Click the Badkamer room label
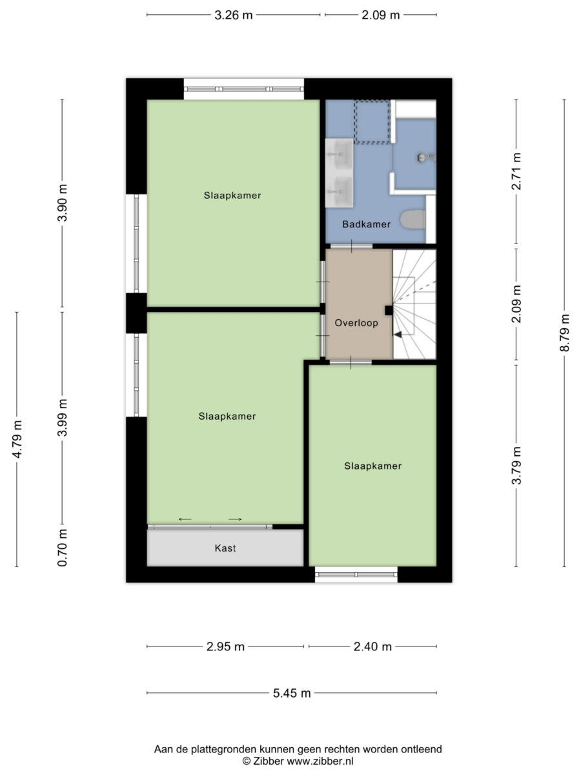(366, 224)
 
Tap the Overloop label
(356, 323)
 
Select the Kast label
(225, 548)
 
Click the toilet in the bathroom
(413, 219)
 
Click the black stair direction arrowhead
(398, 334)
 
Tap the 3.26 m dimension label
(234, 15)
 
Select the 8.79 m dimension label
(564, 333)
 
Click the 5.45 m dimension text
(292, 693)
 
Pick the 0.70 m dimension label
(62, 548)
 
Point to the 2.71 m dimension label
(516, 171)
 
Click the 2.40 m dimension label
(372, 646)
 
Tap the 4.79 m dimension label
(17, 440)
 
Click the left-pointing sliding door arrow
(185, 519)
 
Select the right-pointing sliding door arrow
(235, 519)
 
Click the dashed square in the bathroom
(372, 122)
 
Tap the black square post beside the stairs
(389, 311)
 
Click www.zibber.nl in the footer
(320, 761)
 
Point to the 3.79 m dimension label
(516, 466)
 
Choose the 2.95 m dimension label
(225, 646)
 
